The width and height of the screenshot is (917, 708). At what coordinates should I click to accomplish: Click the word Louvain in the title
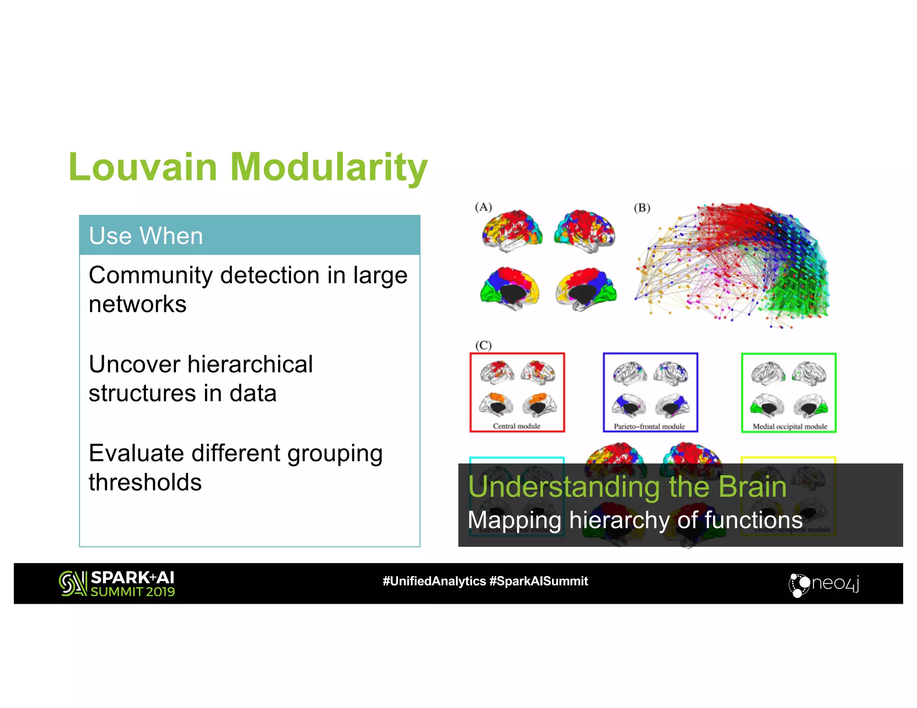(x=142, y=167)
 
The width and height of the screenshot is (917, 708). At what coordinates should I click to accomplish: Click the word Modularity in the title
(x=329, y=167)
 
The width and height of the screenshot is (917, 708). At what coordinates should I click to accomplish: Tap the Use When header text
(x=146, y=236)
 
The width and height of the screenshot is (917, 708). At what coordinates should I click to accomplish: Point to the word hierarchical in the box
(x=250, y=364)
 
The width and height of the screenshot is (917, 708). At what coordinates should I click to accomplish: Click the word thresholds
(x=145, y=482)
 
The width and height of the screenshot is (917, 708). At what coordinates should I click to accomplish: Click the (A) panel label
(x=483, y=207)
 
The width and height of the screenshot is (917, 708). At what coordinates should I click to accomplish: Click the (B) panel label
(x=642, y=208)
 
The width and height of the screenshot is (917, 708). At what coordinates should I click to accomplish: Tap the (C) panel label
(x=483, y=345)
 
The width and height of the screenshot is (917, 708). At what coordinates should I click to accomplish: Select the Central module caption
(x=516, y=426)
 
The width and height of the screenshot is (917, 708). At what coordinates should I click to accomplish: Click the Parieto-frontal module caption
(x=649, y=427)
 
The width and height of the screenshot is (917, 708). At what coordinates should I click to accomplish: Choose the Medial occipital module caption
(x=789, y=427)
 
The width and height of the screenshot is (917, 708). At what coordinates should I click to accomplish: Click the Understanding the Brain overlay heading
(x=627, y=486)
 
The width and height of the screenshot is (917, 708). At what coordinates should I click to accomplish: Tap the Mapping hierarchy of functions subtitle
(x=634, y=520)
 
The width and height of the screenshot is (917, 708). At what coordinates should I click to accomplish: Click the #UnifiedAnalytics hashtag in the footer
(x=434, y=581)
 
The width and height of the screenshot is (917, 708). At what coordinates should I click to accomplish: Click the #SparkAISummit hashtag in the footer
(x=539, y=581)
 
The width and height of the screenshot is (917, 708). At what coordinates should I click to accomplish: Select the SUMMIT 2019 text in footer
(x=133, y=592)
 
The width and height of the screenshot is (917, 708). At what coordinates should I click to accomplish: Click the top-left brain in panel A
(x=512, y=230)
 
